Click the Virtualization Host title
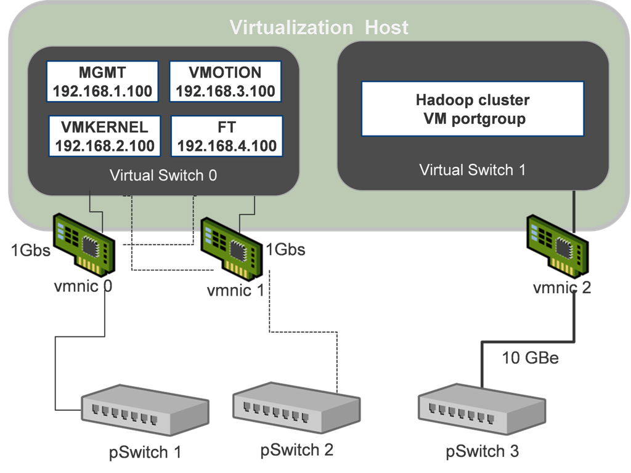(x=319, y=27)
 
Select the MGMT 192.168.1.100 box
(x=102, y=81)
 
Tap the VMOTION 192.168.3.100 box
(x=225, y=81)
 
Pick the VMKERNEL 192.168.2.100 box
(x=104, y=137)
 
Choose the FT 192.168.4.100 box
(x=226, y=137)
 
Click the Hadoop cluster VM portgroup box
(x=472, y=108)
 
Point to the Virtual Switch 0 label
(x=163, y=175)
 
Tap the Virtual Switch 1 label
(x=472, y=169)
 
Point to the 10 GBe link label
(x=531, y=358)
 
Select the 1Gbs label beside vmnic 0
(x=30, y=251)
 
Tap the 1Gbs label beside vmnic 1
(x=285, y=249)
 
